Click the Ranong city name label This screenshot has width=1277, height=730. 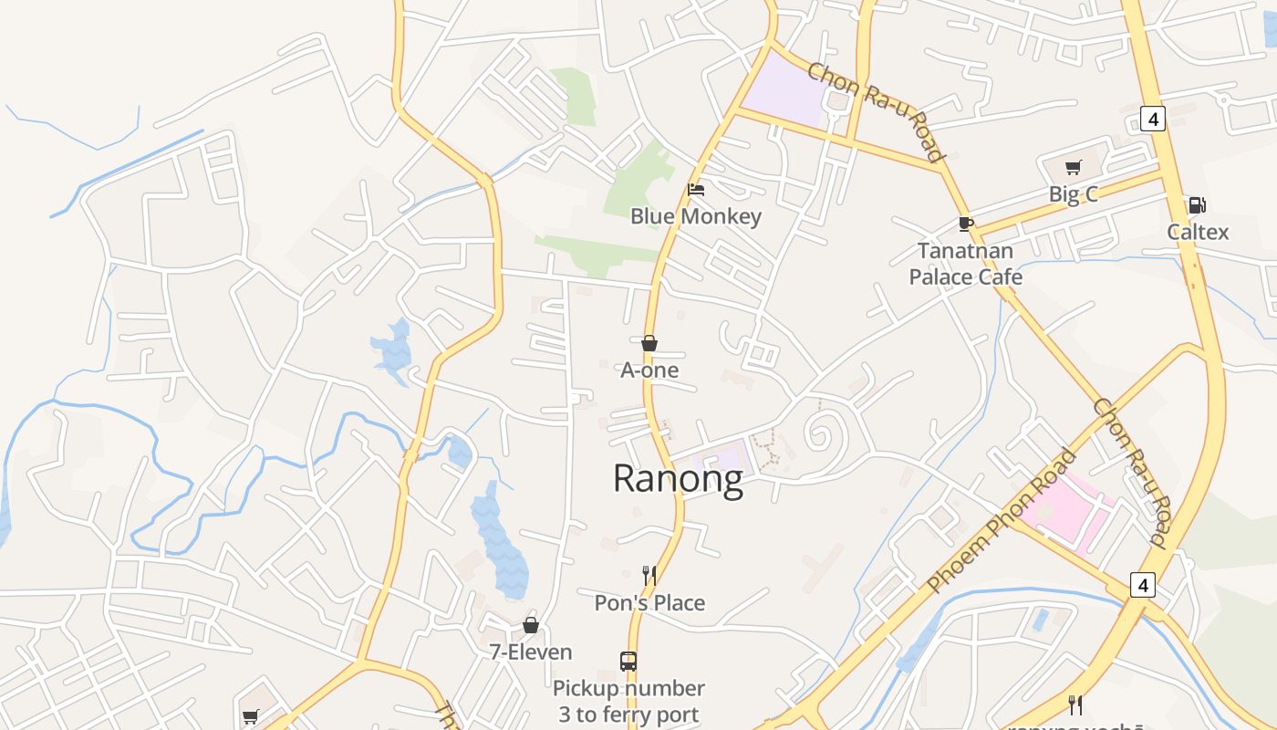click(678, 479)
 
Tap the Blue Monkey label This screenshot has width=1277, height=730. click(696, 217)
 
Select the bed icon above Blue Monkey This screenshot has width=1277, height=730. click(696, 190)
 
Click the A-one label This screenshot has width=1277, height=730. click(649, 370)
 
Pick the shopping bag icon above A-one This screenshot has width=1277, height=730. click(649, 343)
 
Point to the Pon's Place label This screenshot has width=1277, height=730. click(649, 603)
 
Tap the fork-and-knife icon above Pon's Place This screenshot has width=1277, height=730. click(649, 575)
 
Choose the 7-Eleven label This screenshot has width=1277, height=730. click(531, 652)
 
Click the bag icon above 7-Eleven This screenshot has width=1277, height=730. click(531, 625)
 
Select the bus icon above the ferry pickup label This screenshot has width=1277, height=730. click(628, 661)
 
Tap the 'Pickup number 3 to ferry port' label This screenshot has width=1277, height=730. click(628, 701)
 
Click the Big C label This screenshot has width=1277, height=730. click(1073, 194)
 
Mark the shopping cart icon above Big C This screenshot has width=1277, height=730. click(1074, 167)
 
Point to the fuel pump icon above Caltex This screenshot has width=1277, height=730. click(1197, 205)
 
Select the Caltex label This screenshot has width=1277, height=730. click(1198, 233)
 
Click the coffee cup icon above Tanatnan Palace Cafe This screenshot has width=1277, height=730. click(966, 224)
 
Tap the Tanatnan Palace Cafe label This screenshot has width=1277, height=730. click(965, 264)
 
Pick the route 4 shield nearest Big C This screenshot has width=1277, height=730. click(1153, 119)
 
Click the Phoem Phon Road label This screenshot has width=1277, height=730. click(1001, 521)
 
